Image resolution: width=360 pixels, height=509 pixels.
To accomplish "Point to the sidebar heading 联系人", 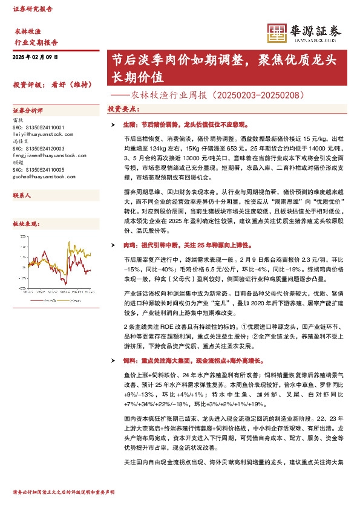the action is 22,196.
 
